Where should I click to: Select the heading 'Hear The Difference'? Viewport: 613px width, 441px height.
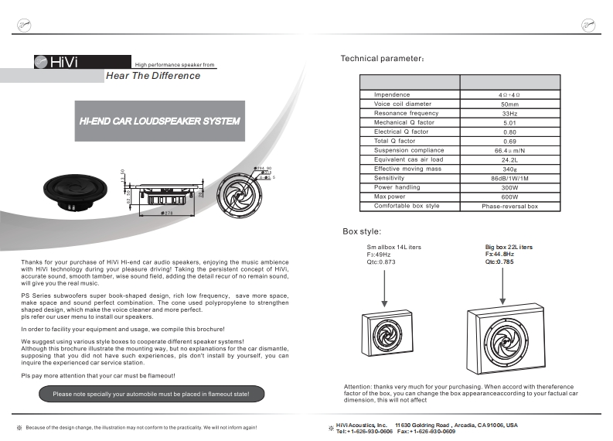(x=152, y=76)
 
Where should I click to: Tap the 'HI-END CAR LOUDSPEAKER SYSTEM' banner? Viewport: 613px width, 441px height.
(x=159, y=121)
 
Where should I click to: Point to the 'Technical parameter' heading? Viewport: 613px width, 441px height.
(x=382, y=59)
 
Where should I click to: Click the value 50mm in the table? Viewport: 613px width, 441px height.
(x=509, y=104)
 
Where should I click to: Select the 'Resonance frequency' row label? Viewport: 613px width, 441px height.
(x=406, y=113)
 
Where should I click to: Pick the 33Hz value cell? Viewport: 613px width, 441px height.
(x=509, y=113)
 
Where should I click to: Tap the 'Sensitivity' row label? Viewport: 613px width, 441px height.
(x=394, y=178)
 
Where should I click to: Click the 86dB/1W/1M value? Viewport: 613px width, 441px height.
(x=509, y=178)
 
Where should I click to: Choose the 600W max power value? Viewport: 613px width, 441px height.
(x=509, y=197)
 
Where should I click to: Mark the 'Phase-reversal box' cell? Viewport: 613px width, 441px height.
(x=509, y=207)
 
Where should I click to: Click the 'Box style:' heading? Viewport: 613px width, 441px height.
(x=362, y=231)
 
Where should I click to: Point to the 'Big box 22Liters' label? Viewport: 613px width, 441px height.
(x=508, y=247)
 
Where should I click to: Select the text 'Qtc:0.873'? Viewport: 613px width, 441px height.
(x=381, y=262)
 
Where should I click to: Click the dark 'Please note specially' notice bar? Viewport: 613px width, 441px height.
(x=151, y=394)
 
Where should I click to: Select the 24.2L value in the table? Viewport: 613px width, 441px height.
(x=509, y=159)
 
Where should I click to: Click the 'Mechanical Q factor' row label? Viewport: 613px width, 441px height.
(x=404, y=122)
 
